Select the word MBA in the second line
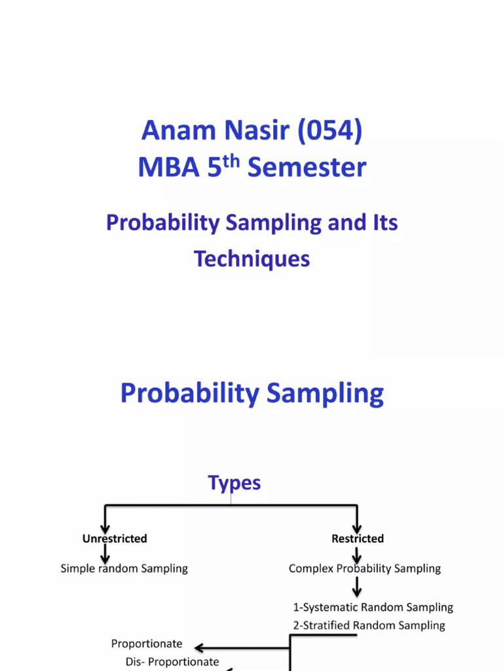[x=168, y=168]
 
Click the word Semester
[x=307, y=168]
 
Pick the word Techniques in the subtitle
[x=251, y=259]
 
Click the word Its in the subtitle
[x=382, y=223]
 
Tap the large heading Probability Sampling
[x=251, y=394]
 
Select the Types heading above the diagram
[x=234, y=484]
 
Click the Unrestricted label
[x=115, y=539]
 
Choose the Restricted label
[x=358, y=539]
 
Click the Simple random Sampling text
[x=124, y=569]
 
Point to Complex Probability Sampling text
[x=365, y=569]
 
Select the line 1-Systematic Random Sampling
[x=373, y=607]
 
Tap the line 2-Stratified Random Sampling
[x=369, y=625]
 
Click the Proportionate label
[x=147, y=644]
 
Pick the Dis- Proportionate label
[x=172, y=662]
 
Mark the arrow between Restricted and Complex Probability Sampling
[x=357, y=554]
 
